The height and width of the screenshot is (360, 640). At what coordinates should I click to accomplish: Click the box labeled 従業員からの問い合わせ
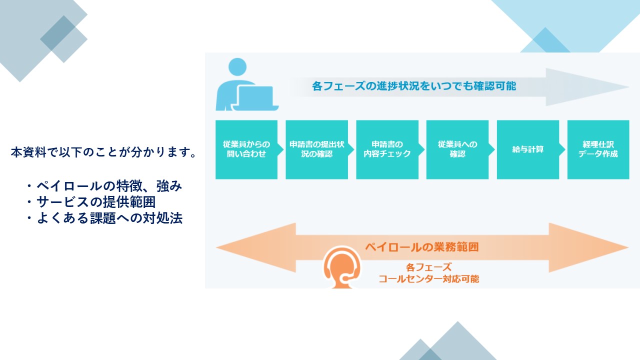(246, 149)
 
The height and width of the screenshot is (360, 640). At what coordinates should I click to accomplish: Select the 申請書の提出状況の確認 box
(317, 149)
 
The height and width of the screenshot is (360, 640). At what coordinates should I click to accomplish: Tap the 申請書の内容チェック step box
(387, 149)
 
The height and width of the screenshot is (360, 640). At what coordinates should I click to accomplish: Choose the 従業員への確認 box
(457, 149)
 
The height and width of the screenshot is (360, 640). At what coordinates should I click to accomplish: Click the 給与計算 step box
(528, 149)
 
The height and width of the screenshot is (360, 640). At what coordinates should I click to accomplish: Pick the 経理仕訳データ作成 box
(598, 149)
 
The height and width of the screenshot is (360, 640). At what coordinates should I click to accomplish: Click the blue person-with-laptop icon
(247, 84)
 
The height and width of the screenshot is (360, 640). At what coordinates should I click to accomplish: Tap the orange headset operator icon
(342, 267)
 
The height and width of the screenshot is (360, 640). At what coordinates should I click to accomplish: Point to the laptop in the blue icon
(255, 98)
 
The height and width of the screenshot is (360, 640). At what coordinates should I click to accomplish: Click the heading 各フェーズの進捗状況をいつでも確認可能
(414, 86)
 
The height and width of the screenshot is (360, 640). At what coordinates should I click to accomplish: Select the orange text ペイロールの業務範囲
(422, 247)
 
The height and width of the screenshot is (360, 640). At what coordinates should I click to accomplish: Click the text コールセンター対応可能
(429, 279)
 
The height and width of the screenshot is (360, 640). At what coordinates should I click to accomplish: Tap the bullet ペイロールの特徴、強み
(104, 186)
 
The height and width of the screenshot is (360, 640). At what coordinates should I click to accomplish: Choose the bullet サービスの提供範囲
(91, 202)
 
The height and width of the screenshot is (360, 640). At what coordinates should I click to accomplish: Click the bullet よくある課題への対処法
(104, 218)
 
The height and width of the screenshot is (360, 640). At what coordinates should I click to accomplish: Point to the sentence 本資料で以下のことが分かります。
(103, 152)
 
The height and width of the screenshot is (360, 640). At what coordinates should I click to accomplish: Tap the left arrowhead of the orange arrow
(256, 247)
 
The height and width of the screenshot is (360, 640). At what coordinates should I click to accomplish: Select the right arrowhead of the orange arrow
(588, 247)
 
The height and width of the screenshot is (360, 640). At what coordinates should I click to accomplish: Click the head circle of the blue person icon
(237, 67)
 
